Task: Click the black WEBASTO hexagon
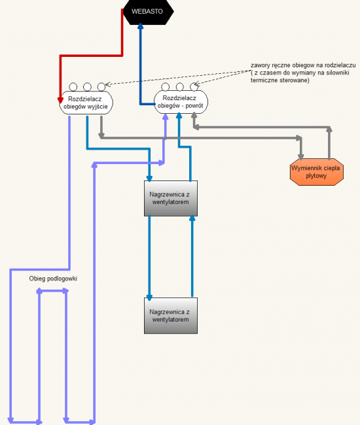(148, 12)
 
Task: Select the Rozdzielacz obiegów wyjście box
(86, 103)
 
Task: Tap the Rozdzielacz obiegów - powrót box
(181, 102)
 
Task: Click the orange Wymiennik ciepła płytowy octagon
(317, 172)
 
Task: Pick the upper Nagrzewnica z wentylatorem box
(171, 198)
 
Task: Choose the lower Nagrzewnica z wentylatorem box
(171, 316)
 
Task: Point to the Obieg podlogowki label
(53, 279)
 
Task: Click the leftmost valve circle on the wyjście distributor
(73, 87)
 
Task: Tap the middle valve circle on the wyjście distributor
(87, 87)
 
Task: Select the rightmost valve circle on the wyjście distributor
(101, 87)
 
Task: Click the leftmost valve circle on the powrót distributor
(165, 87)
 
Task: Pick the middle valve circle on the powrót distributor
(179, 87)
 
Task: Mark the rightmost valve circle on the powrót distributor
(194, 87)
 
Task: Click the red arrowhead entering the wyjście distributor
(60, 100)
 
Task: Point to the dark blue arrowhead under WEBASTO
(140, 26)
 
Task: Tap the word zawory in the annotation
(259, 65)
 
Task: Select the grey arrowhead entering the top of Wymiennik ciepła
(300, 157)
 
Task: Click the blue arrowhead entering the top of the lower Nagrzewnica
(149, 297)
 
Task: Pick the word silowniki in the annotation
(338, 73)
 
